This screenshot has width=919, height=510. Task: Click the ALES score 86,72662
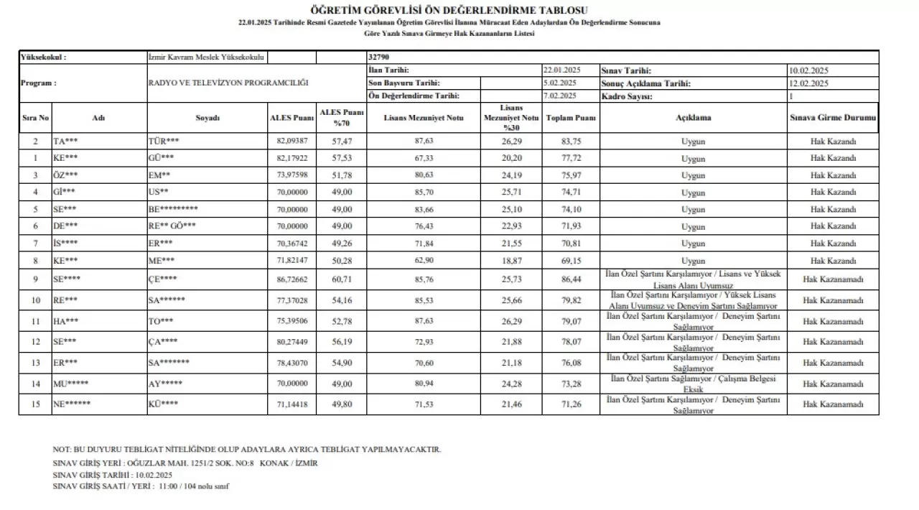[292, 279]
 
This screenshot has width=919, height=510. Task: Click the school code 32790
[379, 57]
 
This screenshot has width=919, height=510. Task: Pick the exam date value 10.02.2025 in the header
[808, 71]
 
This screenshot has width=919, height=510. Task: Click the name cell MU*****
[71, 383]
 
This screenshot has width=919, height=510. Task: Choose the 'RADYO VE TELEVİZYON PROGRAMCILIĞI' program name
[228, 83]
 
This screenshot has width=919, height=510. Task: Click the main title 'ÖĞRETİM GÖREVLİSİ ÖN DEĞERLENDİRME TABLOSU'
[449, 10]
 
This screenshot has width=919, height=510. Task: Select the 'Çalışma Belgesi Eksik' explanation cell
[693, 383]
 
